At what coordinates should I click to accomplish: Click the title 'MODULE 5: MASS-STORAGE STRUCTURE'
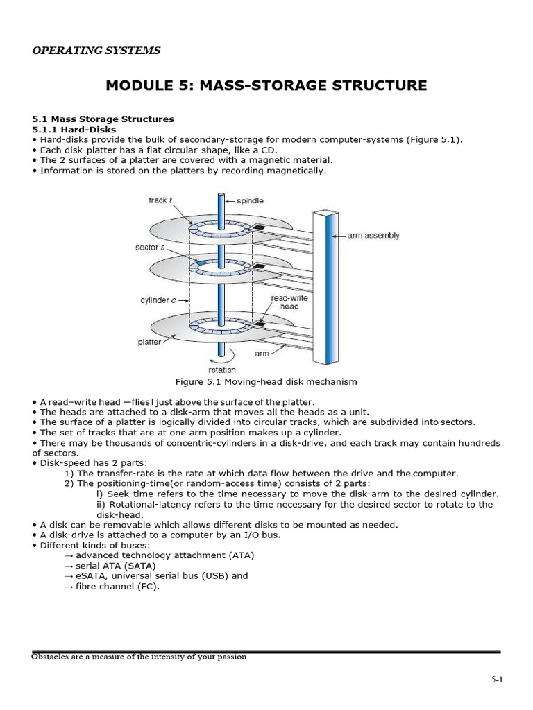(266, 86)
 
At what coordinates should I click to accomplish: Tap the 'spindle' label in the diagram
(250, 200)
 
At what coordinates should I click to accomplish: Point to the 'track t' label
(160, 200)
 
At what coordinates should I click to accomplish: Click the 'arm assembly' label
(373, 236)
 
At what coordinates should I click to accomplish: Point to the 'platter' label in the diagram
(150, 342)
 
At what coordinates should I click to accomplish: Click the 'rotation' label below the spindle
(223, 370)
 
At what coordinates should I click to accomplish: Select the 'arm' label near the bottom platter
(262, 353)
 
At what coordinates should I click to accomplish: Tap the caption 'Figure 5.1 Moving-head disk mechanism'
(267, 381)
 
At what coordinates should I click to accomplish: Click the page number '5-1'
(496, 681)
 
